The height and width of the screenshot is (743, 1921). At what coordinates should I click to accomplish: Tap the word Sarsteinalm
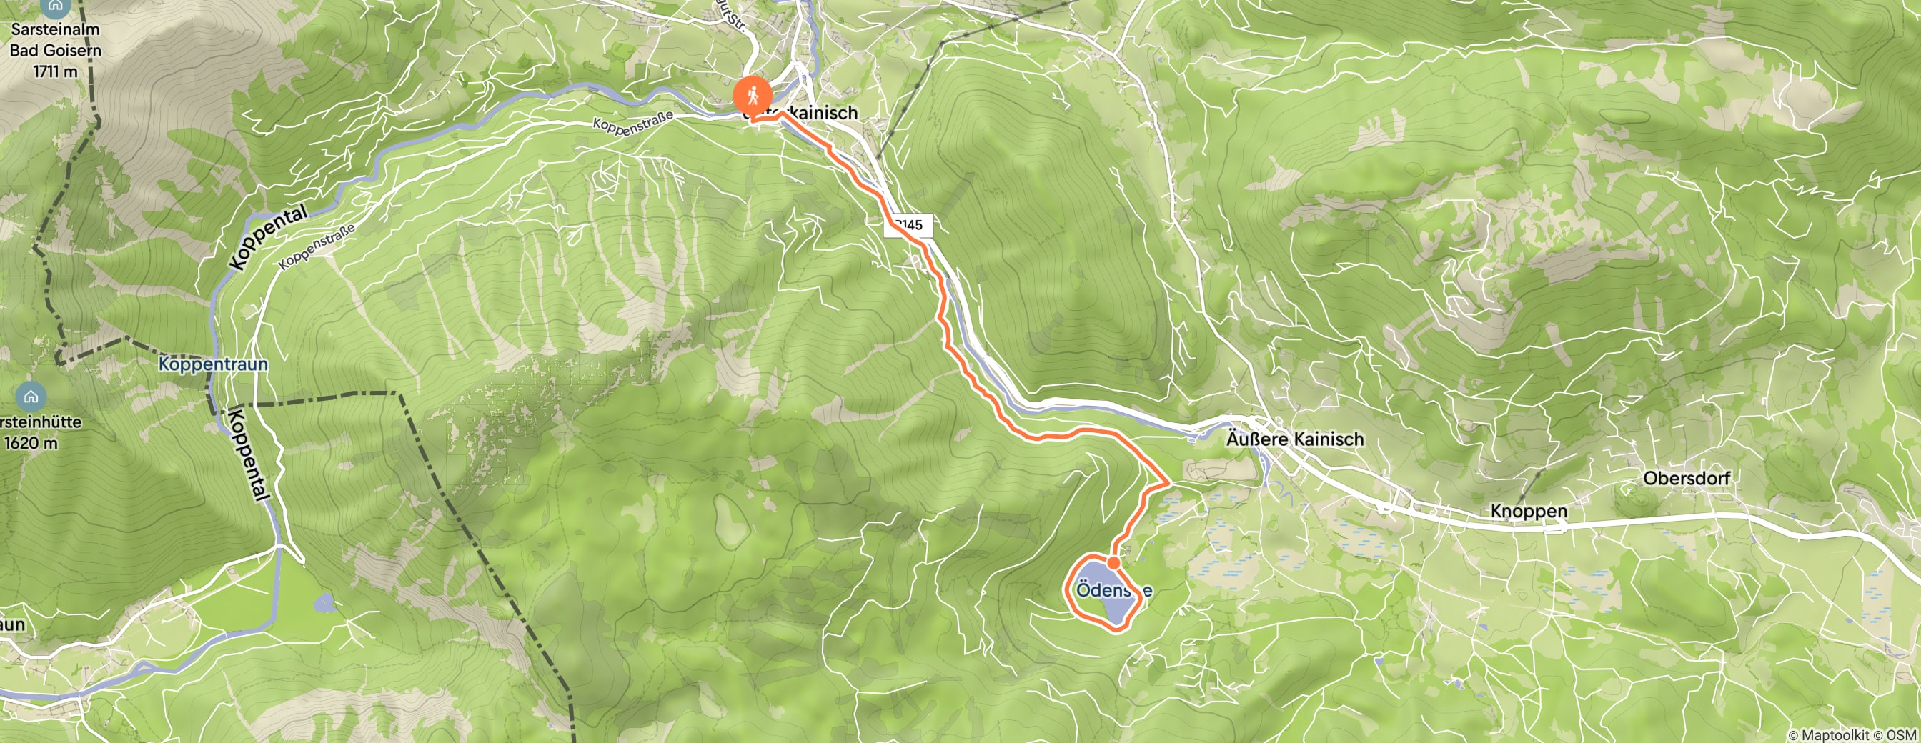[x=55, y=31]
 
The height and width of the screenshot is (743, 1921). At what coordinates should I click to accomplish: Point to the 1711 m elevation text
[x=55, y=71]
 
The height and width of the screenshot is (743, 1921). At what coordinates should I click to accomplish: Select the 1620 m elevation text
[x=31, y=443]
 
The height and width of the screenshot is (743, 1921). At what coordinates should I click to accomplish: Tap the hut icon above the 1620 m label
[x=31, y=397]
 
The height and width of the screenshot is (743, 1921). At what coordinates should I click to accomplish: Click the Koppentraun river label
[x=212, y=364]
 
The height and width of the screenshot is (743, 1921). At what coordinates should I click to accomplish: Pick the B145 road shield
[x=908, y=225]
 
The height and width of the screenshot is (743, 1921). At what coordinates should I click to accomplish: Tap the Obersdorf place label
[x=1686, y=478]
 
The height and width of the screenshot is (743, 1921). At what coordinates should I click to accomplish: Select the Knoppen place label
[x=1528, y=512]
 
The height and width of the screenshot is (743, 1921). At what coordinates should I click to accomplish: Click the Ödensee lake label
[x=1113, y=590]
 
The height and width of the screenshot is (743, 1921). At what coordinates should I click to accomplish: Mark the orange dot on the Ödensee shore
[x=1113, y=563]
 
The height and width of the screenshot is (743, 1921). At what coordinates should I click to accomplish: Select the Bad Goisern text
[x=55, y=51]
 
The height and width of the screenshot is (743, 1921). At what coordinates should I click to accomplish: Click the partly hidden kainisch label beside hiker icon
[x=819, y=113]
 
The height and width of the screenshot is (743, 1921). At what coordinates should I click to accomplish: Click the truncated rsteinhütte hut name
[x=41, y=422]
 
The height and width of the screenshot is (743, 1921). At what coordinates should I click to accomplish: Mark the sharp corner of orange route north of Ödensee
[x=1168, y=482]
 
